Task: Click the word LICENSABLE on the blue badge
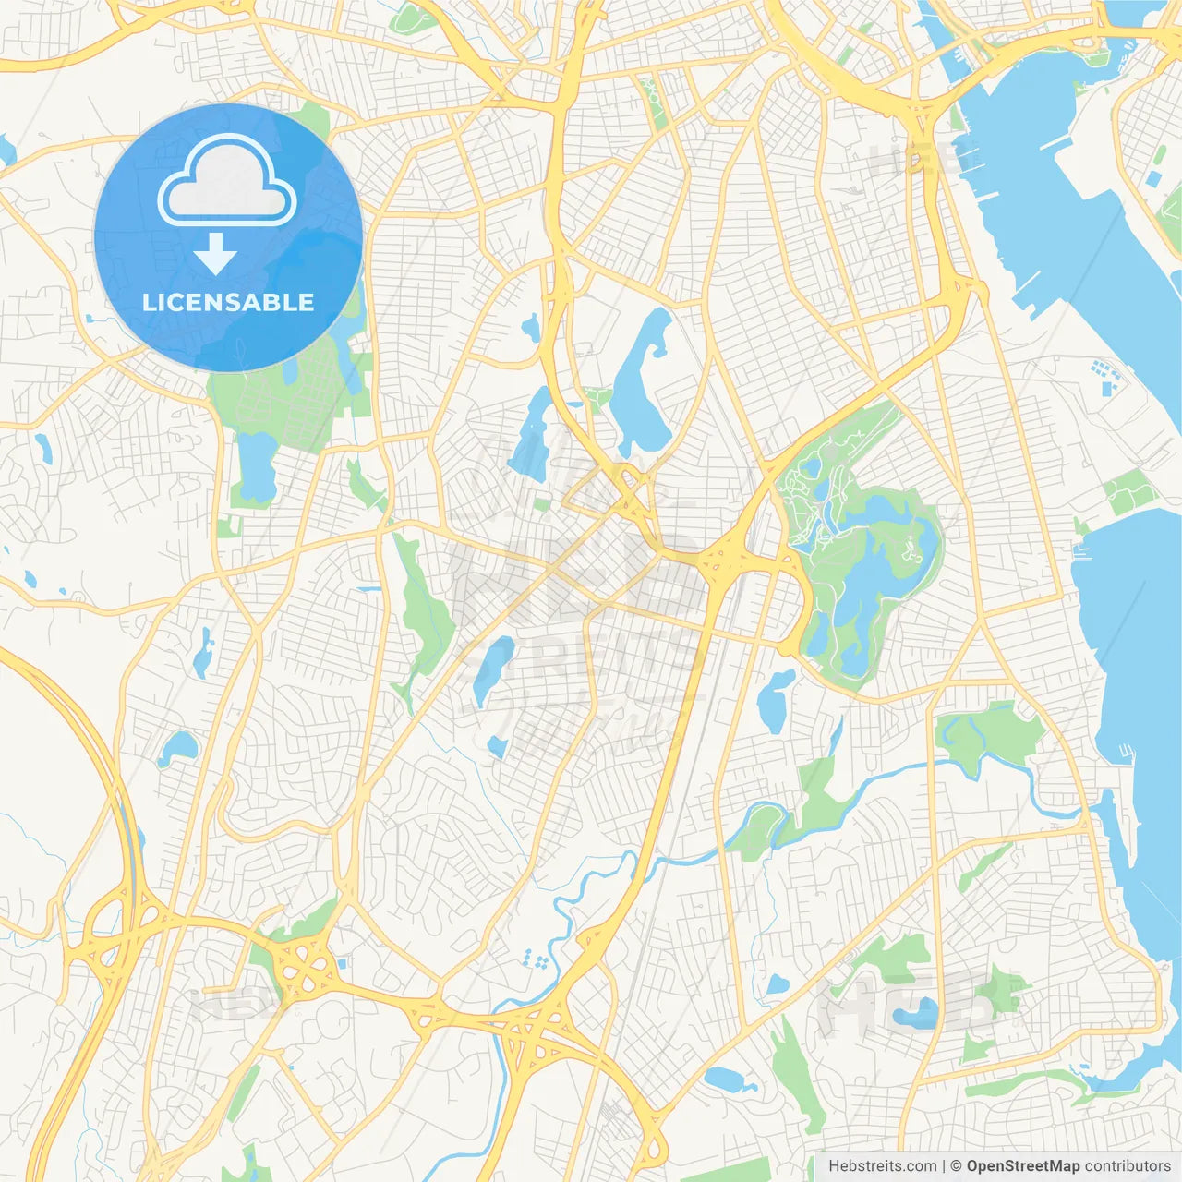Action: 228,302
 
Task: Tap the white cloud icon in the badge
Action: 227,182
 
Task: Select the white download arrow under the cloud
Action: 215,254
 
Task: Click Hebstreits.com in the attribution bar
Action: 882,1166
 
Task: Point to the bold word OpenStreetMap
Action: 1022,1166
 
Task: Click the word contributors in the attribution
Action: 1127,1166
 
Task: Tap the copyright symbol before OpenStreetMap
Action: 956,1166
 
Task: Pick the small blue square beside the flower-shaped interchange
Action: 343,963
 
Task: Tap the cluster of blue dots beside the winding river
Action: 535,959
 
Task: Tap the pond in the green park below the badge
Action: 256,466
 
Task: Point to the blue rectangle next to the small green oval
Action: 1155,179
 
